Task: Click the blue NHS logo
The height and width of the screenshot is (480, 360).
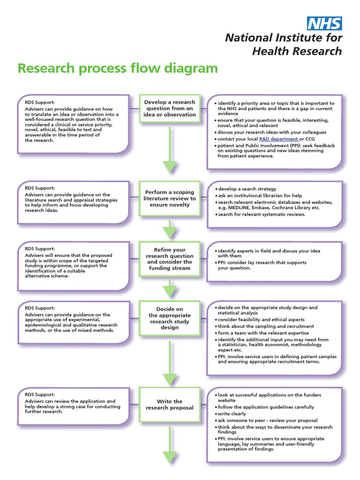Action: (324, 23)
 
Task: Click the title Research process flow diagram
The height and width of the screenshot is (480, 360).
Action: (118, 68)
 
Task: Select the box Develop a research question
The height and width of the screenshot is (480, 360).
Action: (170, 108)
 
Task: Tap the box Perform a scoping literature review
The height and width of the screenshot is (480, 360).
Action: (170, 198)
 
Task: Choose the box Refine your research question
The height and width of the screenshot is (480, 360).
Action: (170, 259)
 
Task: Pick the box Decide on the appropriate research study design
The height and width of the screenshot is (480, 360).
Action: (170, 318)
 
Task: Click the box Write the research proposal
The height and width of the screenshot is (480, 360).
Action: (170, 405)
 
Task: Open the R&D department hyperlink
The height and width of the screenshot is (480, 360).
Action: (278, 139)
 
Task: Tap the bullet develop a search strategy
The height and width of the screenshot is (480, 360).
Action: (247, 189)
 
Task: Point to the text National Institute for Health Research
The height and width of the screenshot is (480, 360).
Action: (284, 44)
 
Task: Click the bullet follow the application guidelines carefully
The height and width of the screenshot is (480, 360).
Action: (266, 407)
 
